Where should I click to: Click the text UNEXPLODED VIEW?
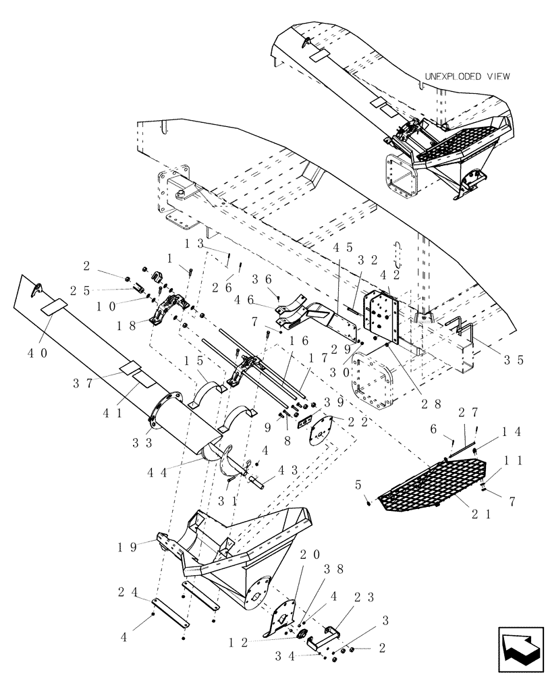pos(466,77)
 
